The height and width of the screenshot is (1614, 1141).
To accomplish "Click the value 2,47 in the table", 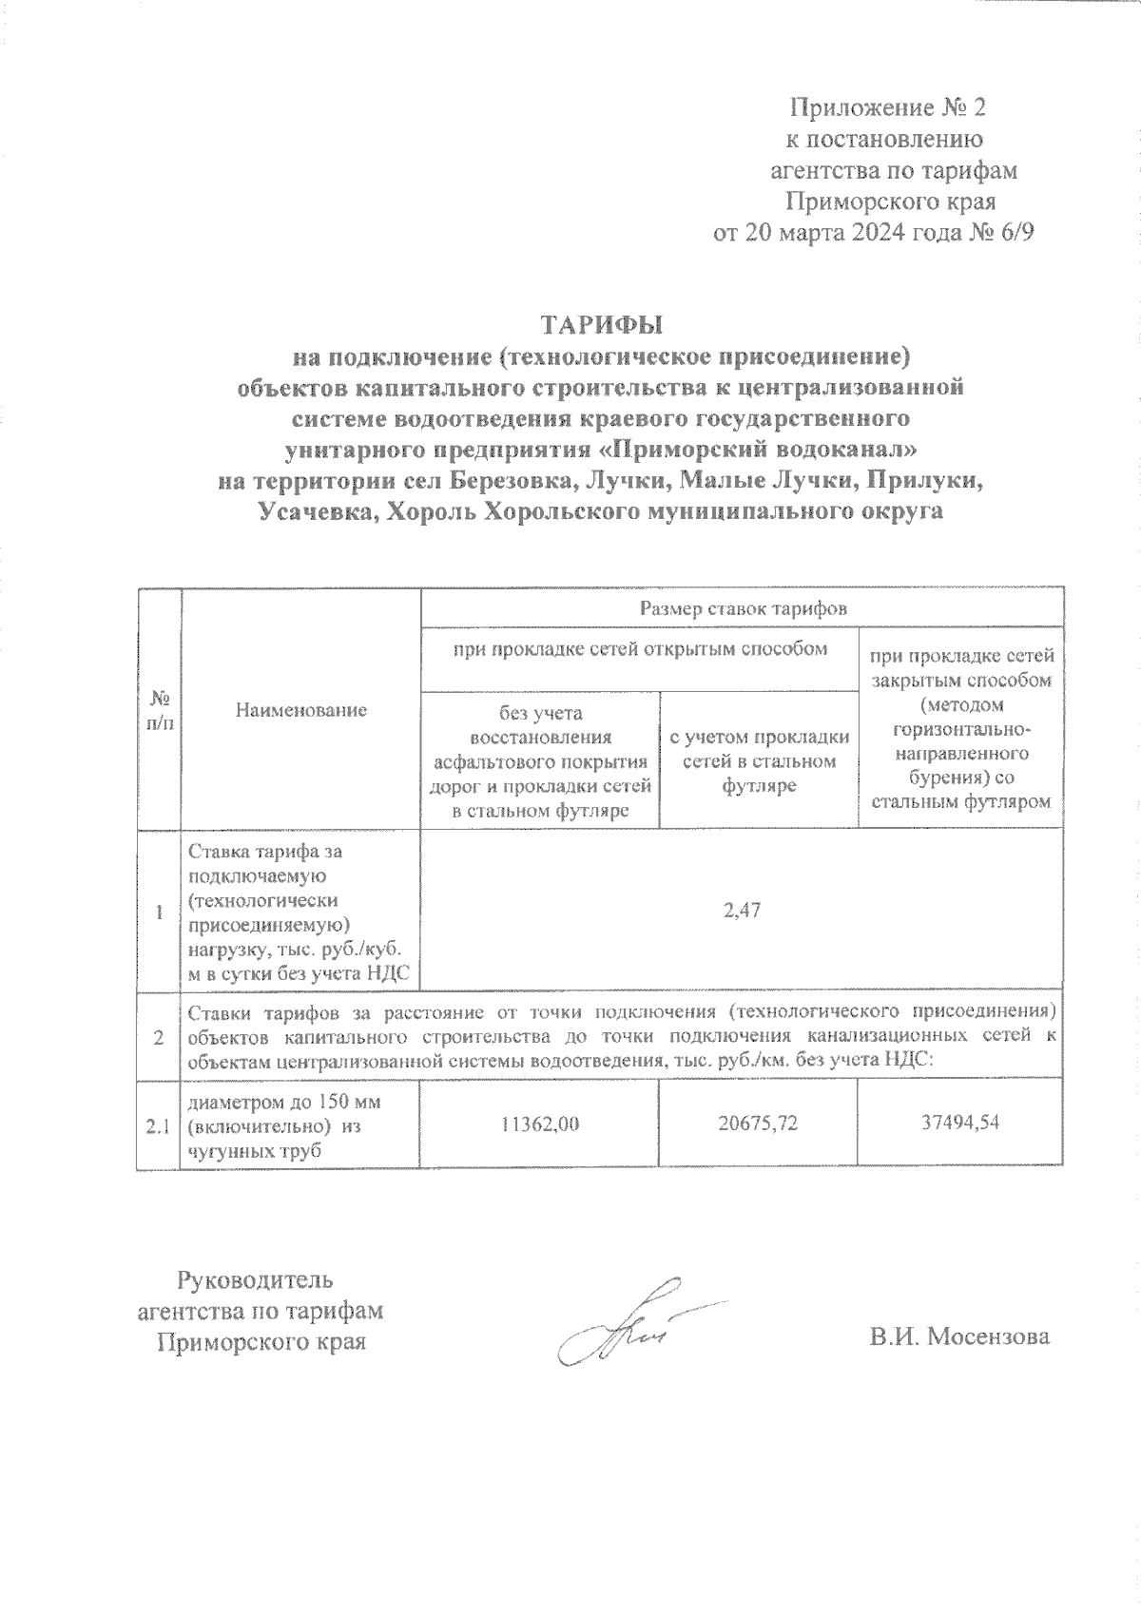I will click(742, 911).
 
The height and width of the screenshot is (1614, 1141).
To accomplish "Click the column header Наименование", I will click(301, 709).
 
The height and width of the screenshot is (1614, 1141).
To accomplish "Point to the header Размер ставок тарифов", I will click(743, 608).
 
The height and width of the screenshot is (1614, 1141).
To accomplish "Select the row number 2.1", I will click(158, 1127).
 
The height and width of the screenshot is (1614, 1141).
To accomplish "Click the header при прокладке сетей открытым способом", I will click(639, 649).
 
